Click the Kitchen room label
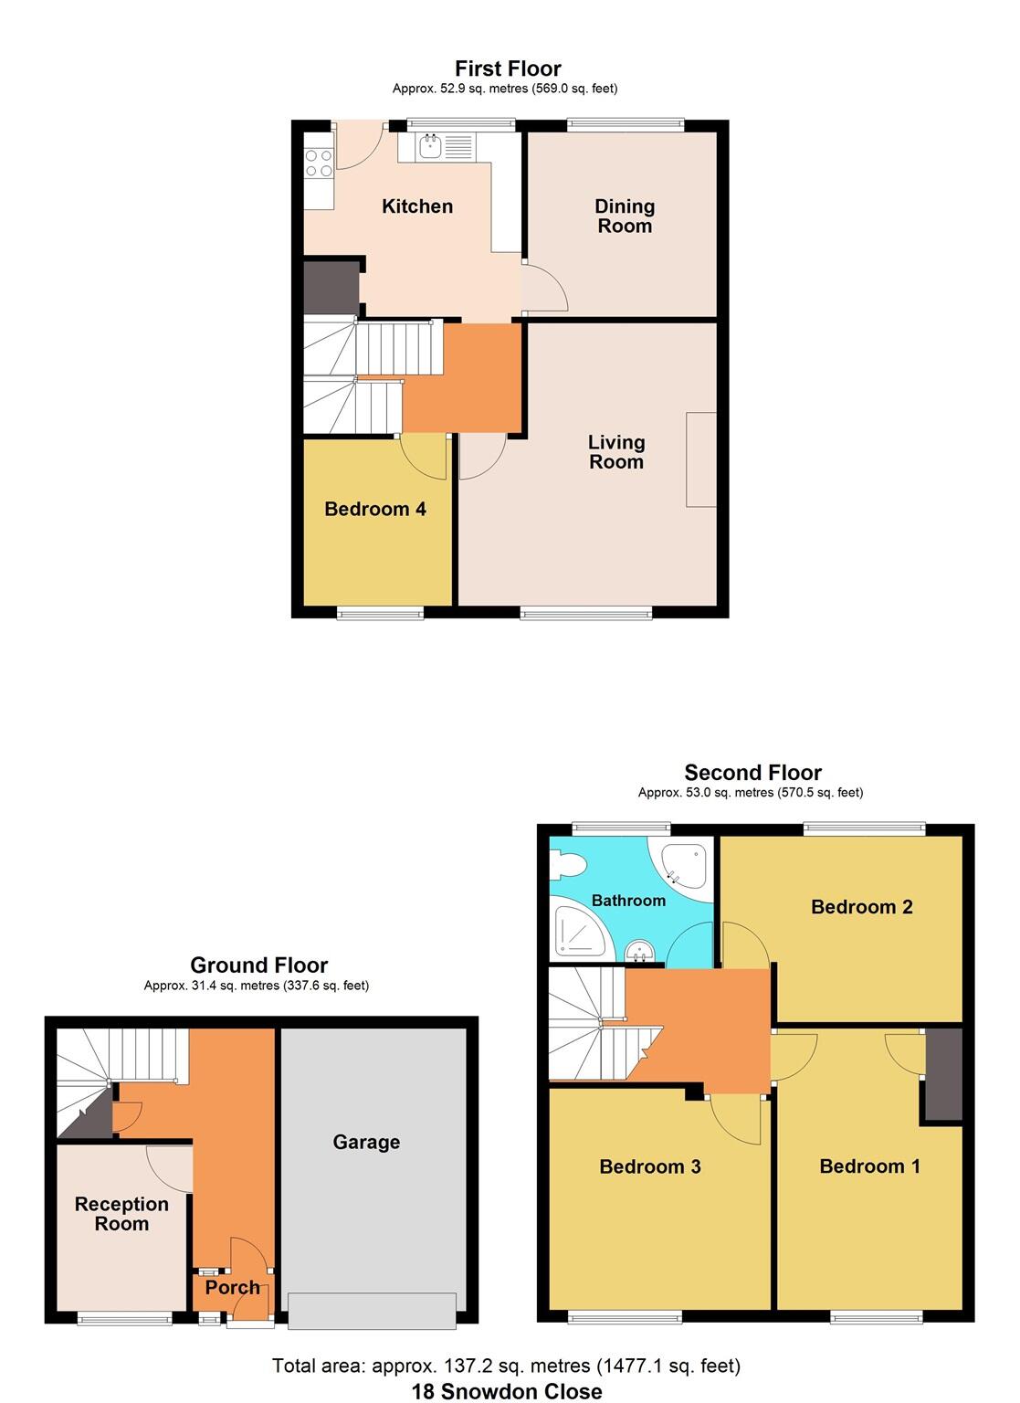(416, 206)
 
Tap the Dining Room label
(625, 216)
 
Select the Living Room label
(616, 452)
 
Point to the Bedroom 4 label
(375, 509)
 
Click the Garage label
(366, 1142)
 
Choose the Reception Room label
(121, 1214)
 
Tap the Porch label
(232, 1287)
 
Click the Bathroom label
(628, 901)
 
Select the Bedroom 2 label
(861, 907)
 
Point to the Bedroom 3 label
(649, 1166)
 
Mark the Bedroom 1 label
(869, 1166)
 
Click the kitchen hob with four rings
(318, 164)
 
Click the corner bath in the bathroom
(684, 864)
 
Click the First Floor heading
(508, 69)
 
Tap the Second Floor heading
(752, 773)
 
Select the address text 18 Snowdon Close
(506, 1391)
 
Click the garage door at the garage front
(372, 1311)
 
